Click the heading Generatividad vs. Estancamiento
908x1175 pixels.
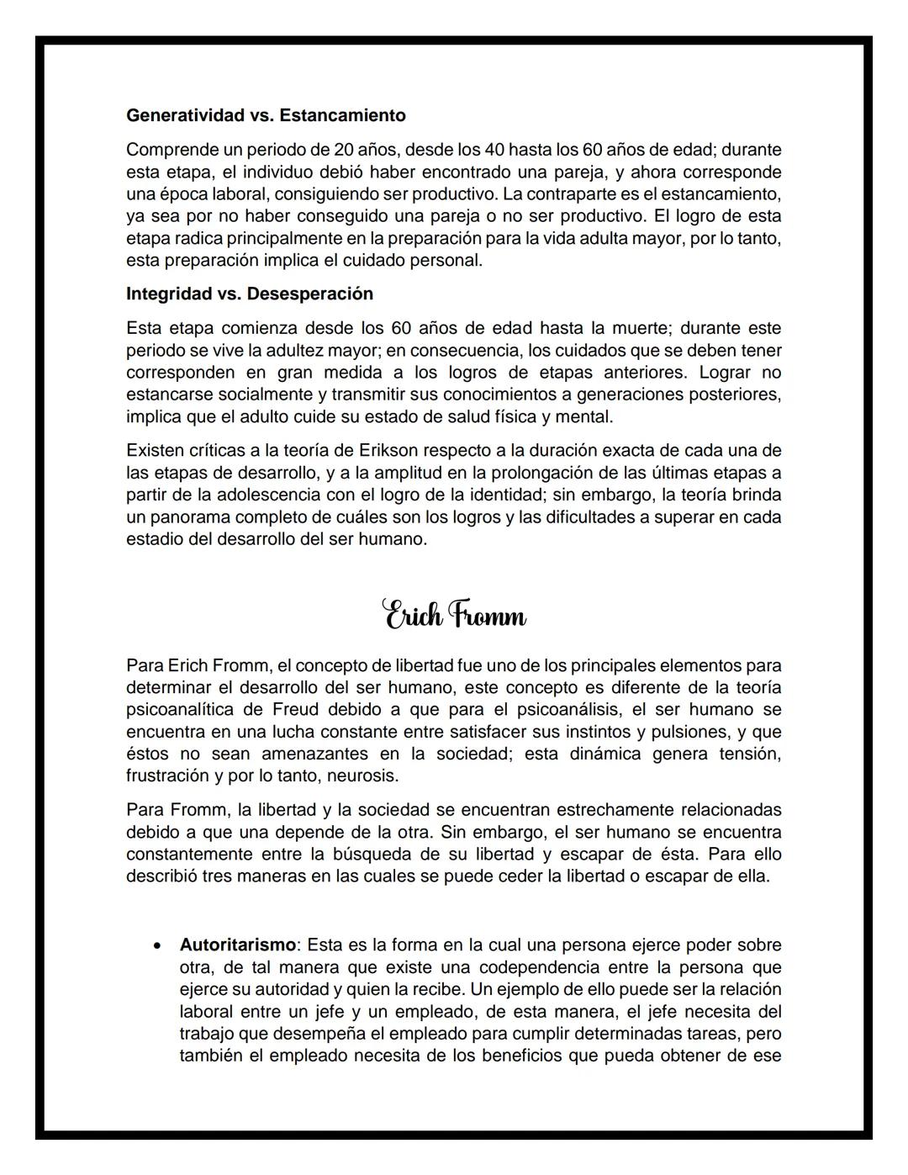pyautogui.click(x=266, y=115)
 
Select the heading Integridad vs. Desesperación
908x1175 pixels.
pyautogui.click(x=250, y=294)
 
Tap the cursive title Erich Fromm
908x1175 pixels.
pyautogui.click(x=455, y=616)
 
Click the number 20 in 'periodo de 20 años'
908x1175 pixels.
pyautogui.click(x=344, y=151)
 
